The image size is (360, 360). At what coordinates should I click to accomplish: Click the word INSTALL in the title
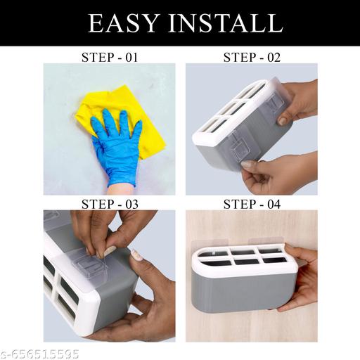226,23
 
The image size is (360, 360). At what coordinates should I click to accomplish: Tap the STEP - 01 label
110,58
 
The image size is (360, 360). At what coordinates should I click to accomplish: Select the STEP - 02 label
252,58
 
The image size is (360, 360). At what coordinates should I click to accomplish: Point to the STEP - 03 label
110,204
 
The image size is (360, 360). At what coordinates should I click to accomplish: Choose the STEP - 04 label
252,204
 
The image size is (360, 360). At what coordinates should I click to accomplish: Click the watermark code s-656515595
40,354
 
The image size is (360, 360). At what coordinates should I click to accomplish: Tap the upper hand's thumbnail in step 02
283,121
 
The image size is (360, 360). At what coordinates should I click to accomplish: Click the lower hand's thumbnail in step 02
247,164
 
